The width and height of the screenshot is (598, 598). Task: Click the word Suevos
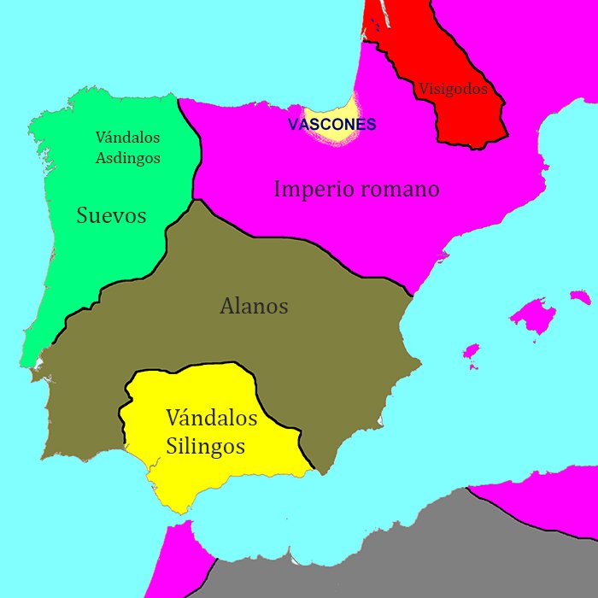(x=111, y=215)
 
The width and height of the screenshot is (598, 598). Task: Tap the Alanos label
(x=254, y=306)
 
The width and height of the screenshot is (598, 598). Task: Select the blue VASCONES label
(x=331, y=125)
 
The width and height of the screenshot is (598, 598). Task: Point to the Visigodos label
(x=453, y=89)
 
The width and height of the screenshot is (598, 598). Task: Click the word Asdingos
(x=128, y=157)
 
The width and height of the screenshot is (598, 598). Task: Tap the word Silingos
(x=206, y=446)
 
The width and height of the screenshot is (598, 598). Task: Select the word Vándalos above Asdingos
(x=128, y=137)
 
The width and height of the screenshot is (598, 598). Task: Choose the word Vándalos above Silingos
(x=212, y=418)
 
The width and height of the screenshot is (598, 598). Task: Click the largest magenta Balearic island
(x=533, y=316)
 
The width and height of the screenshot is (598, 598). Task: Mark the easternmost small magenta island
(x=581, y=296)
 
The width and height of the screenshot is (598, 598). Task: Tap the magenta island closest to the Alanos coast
(x=471, y=351)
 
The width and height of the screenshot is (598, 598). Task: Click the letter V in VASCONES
(x=293, y=125)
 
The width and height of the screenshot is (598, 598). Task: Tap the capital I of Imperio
(x=278, y=189)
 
